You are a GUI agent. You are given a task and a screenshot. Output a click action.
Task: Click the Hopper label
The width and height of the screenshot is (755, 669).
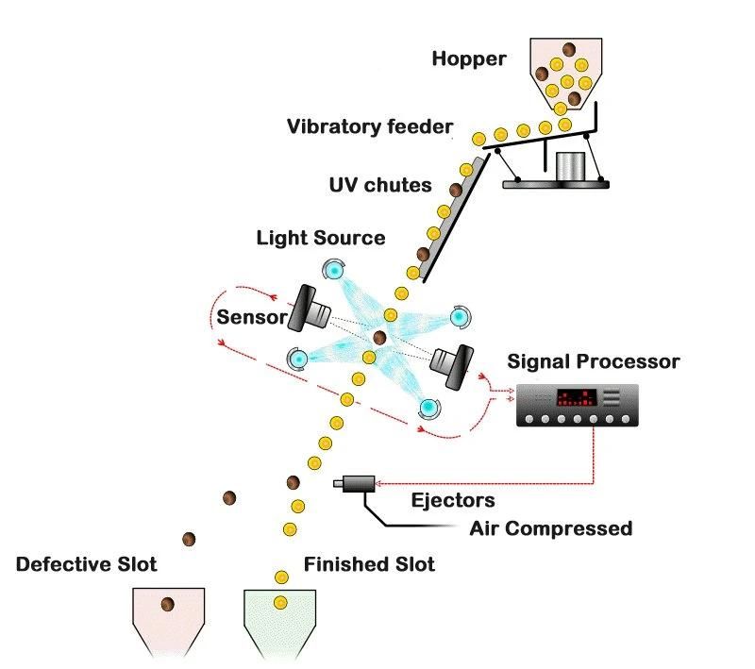click(x=469, y=59)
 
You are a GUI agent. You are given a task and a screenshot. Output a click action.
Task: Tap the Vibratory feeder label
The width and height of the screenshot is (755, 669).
click(x=370, y=126)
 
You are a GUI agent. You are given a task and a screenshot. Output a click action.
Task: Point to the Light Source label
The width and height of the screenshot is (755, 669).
click(x=321, y=237)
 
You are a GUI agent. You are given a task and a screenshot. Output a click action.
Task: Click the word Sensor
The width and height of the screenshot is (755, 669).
click(x=250, y=317)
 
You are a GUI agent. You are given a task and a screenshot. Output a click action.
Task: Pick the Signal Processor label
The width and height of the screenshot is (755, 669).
click(x=593, y=361)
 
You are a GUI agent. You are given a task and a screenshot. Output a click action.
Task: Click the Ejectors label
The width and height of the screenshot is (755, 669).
click(x=453, y=499)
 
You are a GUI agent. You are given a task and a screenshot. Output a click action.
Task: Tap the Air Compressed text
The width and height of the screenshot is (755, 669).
click(x=550, y=528)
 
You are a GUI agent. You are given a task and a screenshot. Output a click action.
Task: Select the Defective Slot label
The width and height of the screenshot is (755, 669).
click(x=86, y=565)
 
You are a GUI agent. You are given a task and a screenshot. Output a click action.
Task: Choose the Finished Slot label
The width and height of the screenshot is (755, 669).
click(x=369, y=565)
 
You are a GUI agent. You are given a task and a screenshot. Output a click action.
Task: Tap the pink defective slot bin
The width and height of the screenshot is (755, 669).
click(x=167, y=618)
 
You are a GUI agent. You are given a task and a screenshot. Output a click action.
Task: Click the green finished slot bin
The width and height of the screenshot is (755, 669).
click(x=280, y=618)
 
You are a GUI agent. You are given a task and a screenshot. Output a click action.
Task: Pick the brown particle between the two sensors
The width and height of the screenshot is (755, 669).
click(x=379, y=337)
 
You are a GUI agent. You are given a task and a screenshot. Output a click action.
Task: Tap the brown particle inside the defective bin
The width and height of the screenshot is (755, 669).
click(x=167, y=604)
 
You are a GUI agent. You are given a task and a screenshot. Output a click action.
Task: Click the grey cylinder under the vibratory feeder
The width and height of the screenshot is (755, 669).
click(x=570, y=166)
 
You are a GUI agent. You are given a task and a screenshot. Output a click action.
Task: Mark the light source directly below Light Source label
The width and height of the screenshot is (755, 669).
click(x=335, y=270)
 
